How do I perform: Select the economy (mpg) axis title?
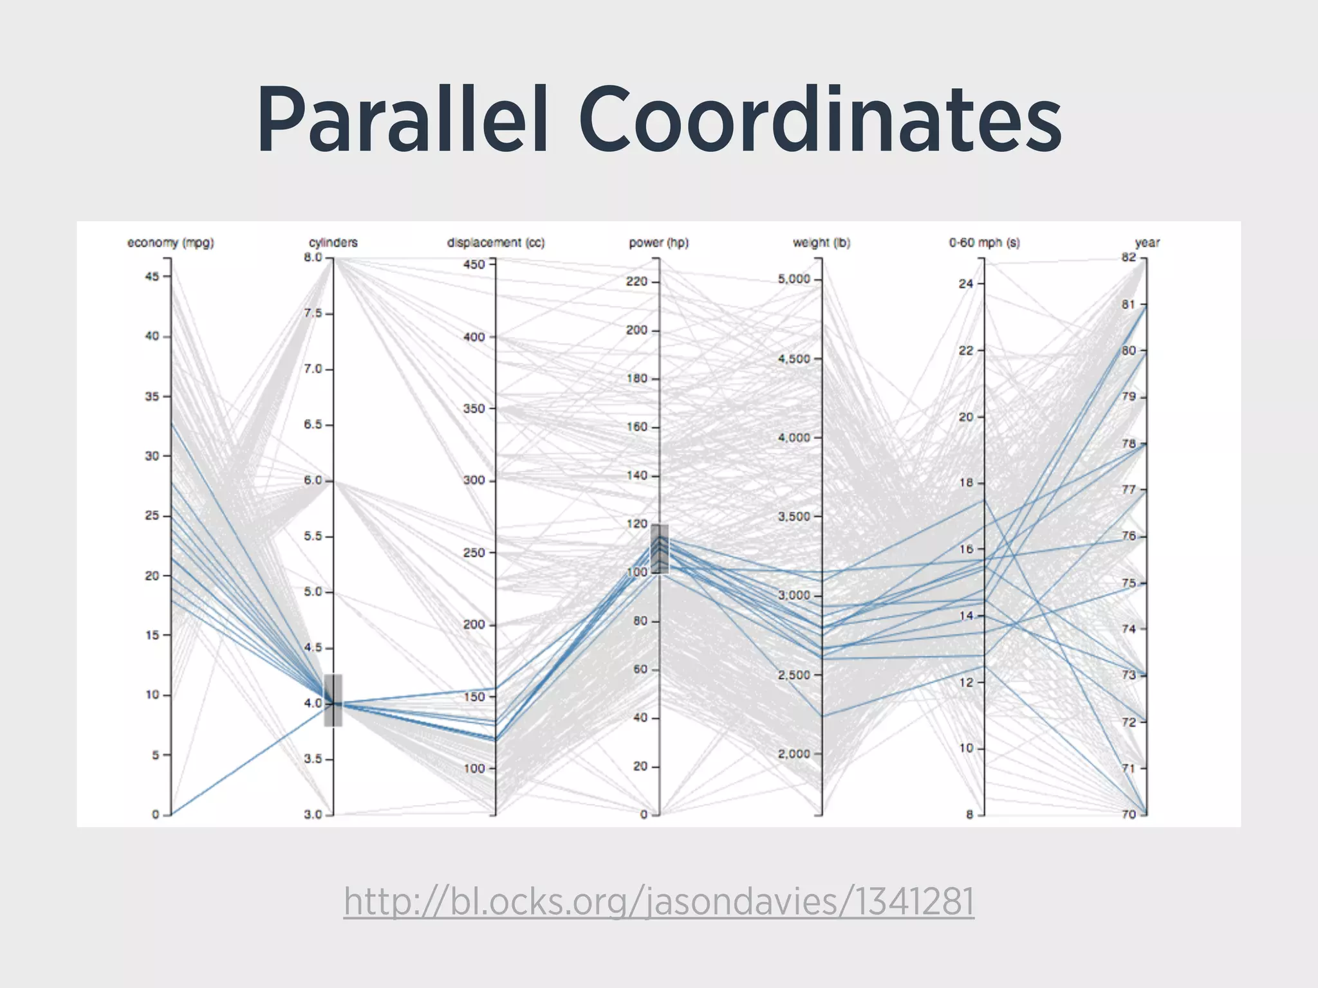[x=171, y=242]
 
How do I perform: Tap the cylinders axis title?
[x=333, y=242]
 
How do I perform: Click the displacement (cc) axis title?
[x=496, y=242]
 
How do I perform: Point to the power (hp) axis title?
[x=658, y=242]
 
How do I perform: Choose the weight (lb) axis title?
[x=821, y=242]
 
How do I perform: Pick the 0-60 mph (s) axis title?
[x=984, y=242]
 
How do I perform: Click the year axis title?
[x=1147, y=242]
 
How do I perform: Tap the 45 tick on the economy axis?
[x=153, y=277]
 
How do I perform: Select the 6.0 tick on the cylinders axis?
[x=313, y=480]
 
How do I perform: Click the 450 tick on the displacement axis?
[x=474, y=264]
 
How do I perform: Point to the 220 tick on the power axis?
[x=636, y=282]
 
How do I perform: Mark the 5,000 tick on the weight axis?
[x=794, y=279]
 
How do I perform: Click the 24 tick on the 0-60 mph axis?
[x=966, y=284]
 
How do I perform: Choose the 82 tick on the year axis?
[x=1129, y=257]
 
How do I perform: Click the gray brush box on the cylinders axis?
[x=333, y=700]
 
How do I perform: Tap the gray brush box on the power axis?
[x=660, y=549]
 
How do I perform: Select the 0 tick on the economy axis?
[x=156, y=814]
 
